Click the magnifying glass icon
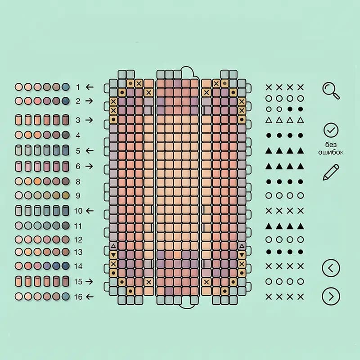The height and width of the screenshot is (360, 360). [x=331, y=91]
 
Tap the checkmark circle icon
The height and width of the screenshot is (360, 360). [x=331, y=130]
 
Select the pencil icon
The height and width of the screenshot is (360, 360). [x=331, y=172]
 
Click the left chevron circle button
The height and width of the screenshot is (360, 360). [x=331, y=268]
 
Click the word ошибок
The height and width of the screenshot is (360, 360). [x=331, y=152]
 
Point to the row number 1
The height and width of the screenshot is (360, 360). [x=78, y=87]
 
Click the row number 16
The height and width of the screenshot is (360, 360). [x=78, y=297]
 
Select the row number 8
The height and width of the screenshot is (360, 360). [x=78, y=182]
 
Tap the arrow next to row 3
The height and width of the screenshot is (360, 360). [x=89, y=120]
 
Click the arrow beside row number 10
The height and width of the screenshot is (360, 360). [x=90, y=211]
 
